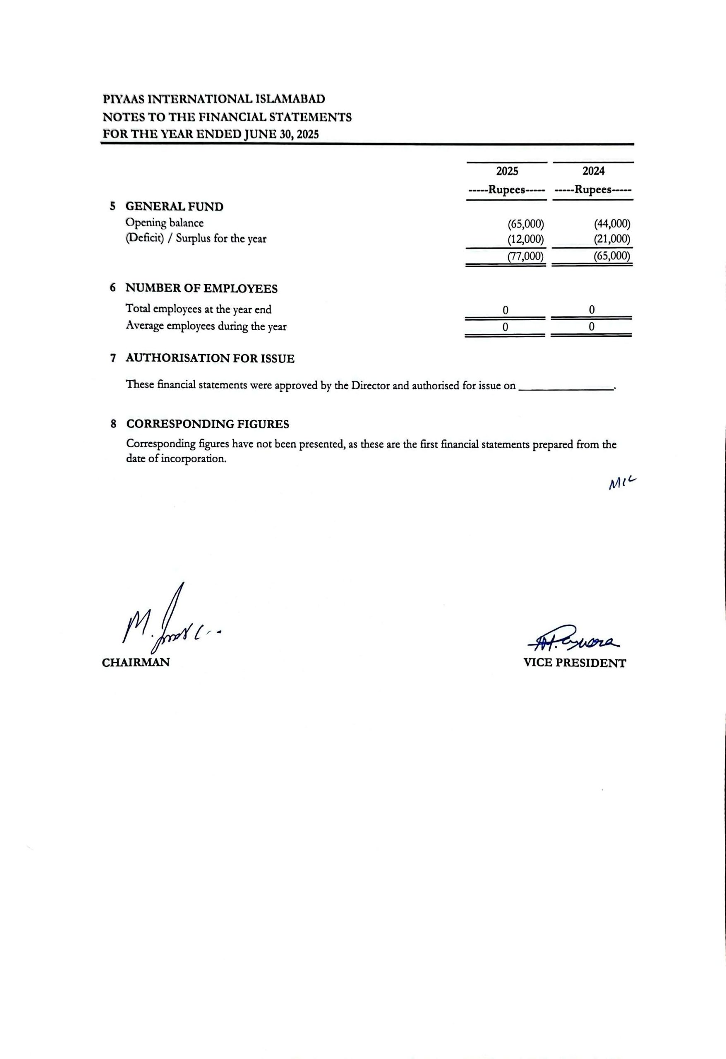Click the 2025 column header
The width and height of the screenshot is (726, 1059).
[x=507, y=171]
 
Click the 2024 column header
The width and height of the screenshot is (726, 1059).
[x=593, y=171]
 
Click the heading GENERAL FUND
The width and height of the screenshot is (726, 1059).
[x=174, y=206]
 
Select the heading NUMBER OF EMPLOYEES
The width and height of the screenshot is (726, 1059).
[x=201, y=288]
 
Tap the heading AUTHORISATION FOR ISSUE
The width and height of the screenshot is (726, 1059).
[x=210, y=359]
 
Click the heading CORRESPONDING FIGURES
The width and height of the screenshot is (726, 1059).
[x=207, y=424]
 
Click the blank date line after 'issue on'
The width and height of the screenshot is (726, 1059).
[x=566, y=386]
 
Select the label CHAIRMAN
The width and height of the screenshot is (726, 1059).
[x=135, y=663]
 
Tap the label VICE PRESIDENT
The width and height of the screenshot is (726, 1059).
[x=575, y=663]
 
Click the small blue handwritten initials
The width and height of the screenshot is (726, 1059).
[x=621, y=483]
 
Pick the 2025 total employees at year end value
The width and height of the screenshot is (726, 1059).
[x=505, y=310]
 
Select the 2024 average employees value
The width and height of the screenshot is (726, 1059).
[x=591, y=327]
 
